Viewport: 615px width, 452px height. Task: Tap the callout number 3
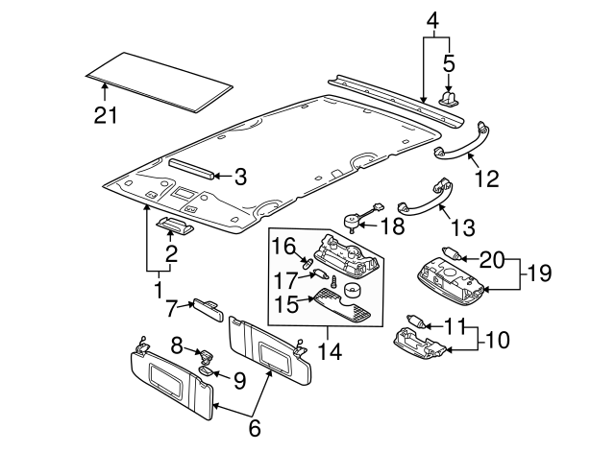pyautogui.click(x=240, y=177)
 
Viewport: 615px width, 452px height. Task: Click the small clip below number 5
pyautogui.click(x=448, y=97)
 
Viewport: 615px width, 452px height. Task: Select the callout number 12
pyautogui.click(x=488, y=177)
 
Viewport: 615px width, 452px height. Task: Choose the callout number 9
pyautogui.click(x=239, y=380)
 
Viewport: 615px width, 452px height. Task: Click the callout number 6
pyautogui.click(x=254, y=429)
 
